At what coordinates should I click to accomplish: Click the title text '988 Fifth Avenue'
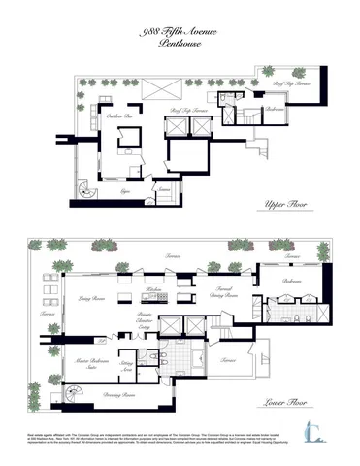tap(179, 33)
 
